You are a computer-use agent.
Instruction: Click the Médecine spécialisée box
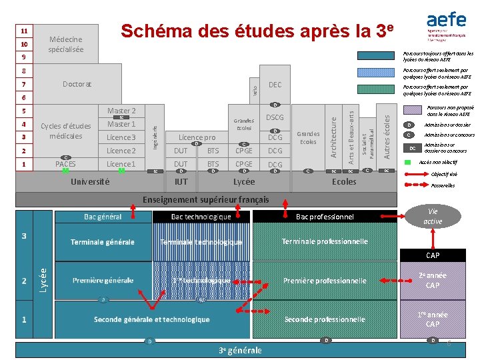pos(66,45)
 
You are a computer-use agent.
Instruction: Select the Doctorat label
pos(77,84)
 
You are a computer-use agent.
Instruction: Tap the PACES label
pos(65,164)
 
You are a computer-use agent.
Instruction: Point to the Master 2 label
pos(121,111)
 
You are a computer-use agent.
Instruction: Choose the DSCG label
pos(275,117)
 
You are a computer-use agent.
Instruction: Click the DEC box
pos(275,85)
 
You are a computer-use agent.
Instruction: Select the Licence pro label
pos(197,137)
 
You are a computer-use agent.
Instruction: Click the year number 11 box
pos(24,31)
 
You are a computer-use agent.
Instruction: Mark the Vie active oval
pos(433,216)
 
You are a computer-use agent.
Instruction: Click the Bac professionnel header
pos(325,217)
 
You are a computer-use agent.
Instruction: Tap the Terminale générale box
pos(103,242)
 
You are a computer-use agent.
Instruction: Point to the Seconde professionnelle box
pos(325,319)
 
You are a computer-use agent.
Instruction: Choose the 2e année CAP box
pos(433,280)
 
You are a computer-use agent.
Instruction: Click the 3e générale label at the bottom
pos(240,351)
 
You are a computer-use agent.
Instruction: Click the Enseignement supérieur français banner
pos(207,199)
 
